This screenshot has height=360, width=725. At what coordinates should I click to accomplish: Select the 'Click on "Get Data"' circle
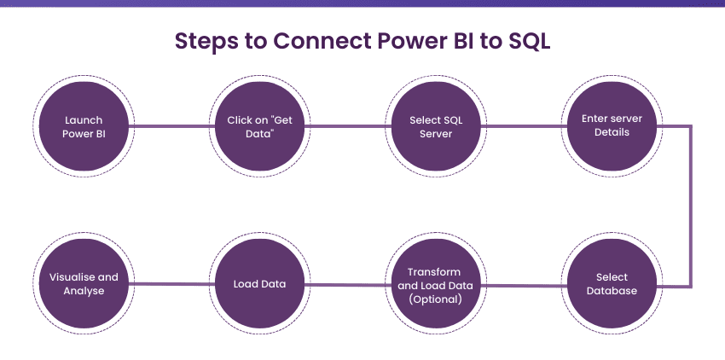pos(259,127)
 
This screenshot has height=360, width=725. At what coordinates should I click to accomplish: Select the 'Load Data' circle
pos(259,284)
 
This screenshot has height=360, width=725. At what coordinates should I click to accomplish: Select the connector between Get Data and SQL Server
pos(347,127)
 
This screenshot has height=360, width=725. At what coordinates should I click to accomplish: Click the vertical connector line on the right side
pos(690,205)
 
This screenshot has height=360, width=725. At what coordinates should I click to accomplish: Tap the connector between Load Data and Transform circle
pos(347,285)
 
